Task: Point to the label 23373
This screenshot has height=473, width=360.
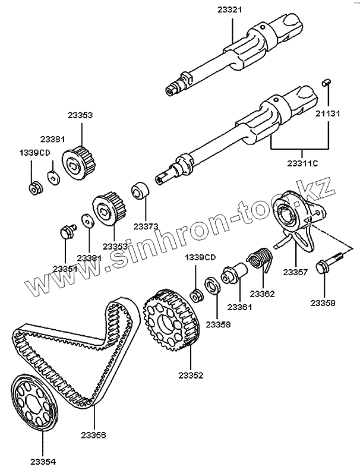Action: click(146, 226)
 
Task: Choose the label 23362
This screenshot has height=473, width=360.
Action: click(262, 294)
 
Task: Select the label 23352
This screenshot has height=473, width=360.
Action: click(190, 375)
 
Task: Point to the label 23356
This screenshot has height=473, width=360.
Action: click(93, 435)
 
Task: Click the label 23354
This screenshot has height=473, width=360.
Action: click(42, 459)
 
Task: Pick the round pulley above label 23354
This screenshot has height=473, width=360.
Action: click(35, 401)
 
